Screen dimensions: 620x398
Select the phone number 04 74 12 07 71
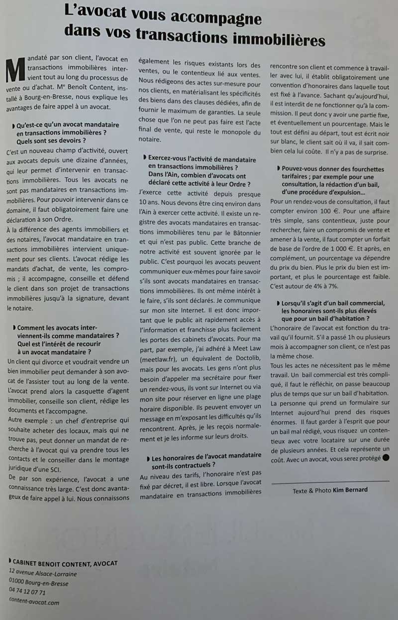(x=27, y=592)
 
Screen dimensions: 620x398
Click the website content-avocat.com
(x=34, y=602)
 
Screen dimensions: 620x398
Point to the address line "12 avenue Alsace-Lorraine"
(x=43, y=573)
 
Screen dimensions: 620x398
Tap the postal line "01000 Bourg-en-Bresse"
(x=39, y=583)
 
